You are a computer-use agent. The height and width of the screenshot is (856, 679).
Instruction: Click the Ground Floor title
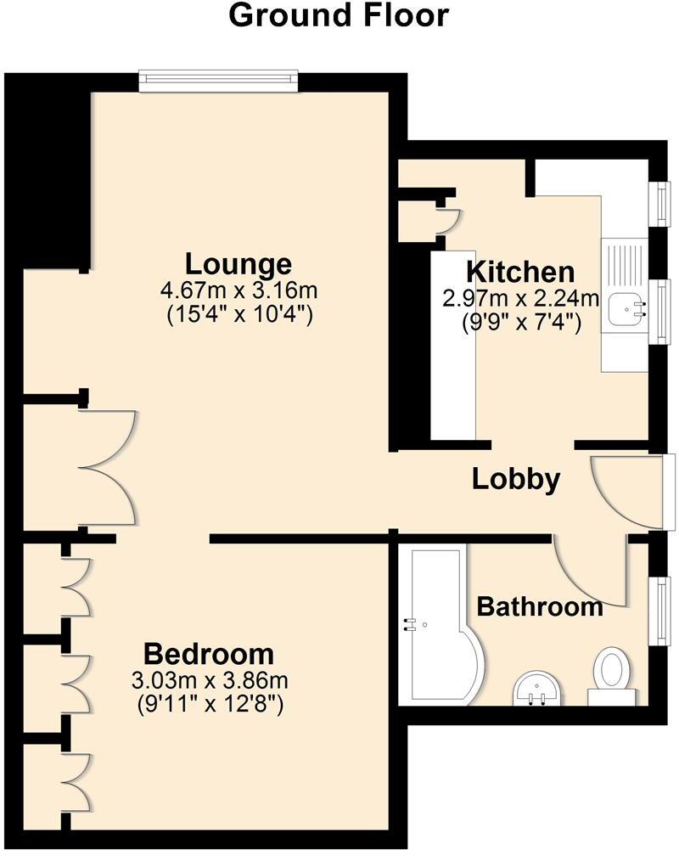[x=339, y=15]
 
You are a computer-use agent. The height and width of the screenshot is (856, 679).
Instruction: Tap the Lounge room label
[x=238, y=263]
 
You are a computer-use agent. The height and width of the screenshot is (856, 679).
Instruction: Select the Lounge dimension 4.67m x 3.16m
[x=238, y=291]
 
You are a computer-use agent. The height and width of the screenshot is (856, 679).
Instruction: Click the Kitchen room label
[x=521, y=273]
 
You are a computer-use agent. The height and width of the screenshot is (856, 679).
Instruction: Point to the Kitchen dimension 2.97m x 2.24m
[x=521, y=299]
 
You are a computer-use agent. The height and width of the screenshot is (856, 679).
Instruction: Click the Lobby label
[x=516, y=479]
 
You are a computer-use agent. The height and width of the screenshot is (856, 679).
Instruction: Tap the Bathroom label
[x=540, y=607]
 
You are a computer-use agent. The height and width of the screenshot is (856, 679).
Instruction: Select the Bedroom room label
[x=209, y=655]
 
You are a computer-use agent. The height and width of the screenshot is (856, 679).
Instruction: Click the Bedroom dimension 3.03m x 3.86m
[x=209, y=680]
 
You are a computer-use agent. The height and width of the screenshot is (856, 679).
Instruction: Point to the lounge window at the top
[x=220, y=81]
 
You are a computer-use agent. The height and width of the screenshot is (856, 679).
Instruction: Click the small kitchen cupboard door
[x=447, y=219]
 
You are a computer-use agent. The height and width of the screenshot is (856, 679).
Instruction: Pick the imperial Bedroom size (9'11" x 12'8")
[x=209, y=704]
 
